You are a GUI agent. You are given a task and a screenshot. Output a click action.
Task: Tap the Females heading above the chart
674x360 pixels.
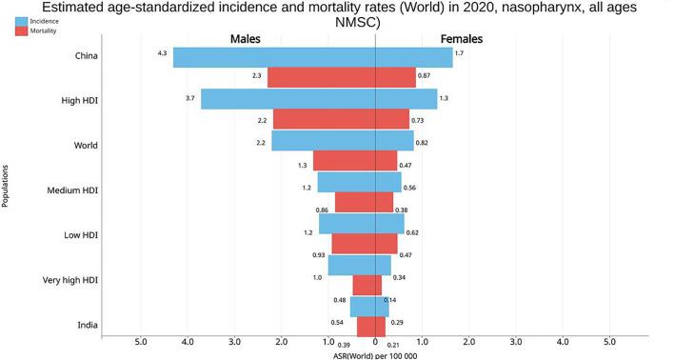(461, 39)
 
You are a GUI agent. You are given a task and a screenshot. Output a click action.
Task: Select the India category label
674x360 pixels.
(91, 326)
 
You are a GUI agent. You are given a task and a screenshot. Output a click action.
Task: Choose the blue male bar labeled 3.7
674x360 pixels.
(287, 99)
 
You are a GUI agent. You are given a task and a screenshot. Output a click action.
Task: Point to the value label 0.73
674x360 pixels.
(417, 121)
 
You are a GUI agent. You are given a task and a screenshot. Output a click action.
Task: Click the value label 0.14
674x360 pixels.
(389, 300)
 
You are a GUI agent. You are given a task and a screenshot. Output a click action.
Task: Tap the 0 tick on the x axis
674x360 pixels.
(375, 341)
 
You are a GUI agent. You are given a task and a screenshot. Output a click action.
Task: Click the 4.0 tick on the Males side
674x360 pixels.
(188, 341)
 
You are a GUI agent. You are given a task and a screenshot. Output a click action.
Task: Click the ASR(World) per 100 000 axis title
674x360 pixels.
(375, 355)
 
